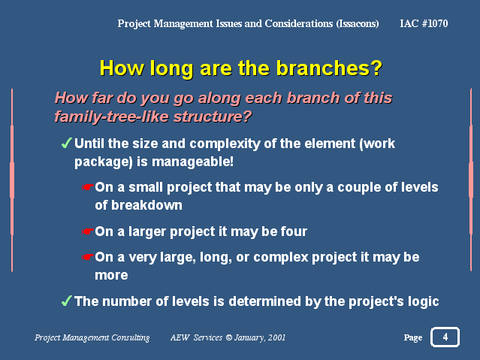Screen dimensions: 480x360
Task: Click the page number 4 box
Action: coord(445,337)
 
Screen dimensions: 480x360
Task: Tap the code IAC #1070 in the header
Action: coord(424,23)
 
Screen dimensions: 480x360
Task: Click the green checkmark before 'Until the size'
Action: coord(66,143)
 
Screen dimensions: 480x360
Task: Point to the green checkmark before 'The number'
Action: coord(66,301)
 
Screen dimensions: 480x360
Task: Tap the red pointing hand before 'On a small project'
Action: coord(87,187)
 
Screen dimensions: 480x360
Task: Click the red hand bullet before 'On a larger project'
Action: coord(87,231)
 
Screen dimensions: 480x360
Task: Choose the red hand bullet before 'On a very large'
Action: coord(87,257)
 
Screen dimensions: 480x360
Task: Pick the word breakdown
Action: coord(146,205)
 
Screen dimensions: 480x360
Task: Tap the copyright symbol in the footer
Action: coord(229,337)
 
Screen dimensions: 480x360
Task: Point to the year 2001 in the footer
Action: coord(276,337)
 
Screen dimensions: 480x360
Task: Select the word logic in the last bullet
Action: coord(424,302)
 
